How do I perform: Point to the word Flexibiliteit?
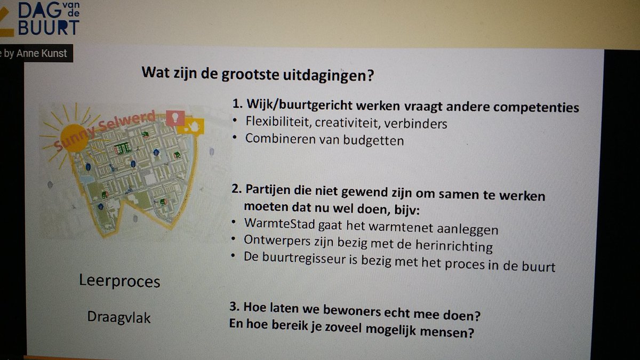click(278, 123)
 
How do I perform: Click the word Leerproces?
click(119, 281)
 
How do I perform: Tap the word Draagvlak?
click(119, 318)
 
